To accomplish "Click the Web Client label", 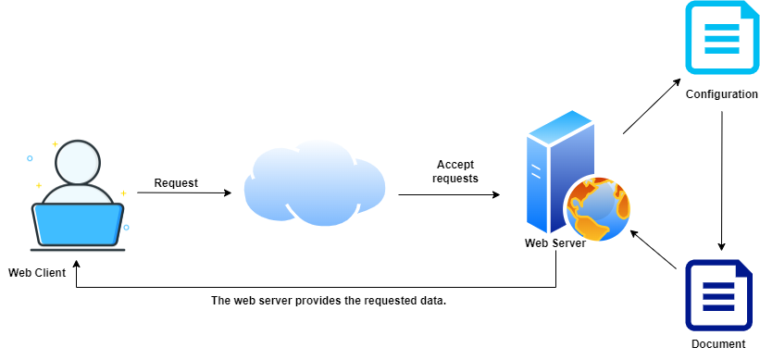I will click(37, 272).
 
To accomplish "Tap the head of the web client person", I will click(77, 164).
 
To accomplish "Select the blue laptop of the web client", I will click(78, 223).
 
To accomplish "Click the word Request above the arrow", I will click(176, 182).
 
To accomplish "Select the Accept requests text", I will click(455, 171).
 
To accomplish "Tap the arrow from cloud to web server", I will click(449, 195).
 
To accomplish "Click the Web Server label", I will click(555, 243).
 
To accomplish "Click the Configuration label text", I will click(721, 94).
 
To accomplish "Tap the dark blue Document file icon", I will click(718, 295).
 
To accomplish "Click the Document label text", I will click(718, 344).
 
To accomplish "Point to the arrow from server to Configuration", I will click(652, 106).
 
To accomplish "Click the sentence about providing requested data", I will click(329, 301).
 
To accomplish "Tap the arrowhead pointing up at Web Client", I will click(76, 265).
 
